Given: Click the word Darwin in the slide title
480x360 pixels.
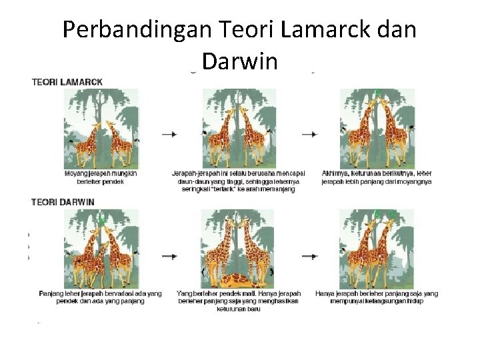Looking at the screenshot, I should click(239, 61).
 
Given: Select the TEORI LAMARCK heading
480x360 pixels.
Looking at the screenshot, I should click(67, 82).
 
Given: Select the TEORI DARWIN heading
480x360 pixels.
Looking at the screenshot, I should click(63, 202).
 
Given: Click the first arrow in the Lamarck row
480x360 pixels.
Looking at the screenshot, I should click(169, 134).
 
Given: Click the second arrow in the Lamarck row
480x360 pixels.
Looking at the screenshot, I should click(309, 134).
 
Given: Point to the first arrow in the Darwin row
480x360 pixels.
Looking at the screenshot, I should click(169, 256).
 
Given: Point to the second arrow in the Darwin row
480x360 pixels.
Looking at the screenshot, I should click(309, 256).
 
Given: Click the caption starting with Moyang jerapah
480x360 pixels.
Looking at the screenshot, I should click(101, 177).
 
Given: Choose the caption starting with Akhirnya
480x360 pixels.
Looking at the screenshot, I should click(377, 177).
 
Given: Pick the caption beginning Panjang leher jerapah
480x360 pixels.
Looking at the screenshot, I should click(101, 297).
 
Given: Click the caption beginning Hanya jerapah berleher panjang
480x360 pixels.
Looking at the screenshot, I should click(377, 297).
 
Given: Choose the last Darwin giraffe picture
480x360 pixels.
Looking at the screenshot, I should click(377, 249).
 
